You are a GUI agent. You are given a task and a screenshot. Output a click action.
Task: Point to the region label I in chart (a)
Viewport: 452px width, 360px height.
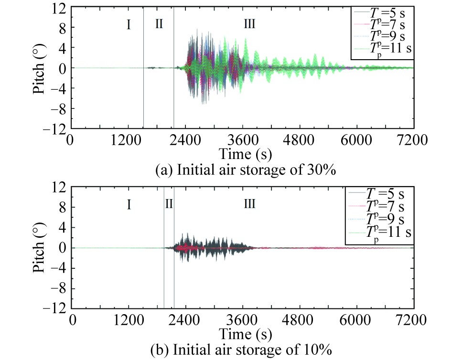pos(129,25)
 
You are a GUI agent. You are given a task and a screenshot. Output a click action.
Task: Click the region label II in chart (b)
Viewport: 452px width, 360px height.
pos(169,205)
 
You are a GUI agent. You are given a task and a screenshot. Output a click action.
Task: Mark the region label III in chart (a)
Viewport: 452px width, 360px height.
pos(249,25)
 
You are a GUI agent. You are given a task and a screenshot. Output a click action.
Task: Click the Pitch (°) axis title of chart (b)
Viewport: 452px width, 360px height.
pos(40,248)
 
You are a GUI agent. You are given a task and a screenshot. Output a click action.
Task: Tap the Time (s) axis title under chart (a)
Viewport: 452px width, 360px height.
pos(243,154)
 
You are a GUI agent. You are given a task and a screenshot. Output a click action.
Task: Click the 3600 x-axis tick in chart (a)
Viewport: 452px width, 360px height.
pos(242,141)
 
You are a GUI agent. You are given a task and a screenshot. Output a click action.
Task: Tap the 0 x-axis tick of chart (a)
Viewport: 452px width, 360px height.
pos(71,141)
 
